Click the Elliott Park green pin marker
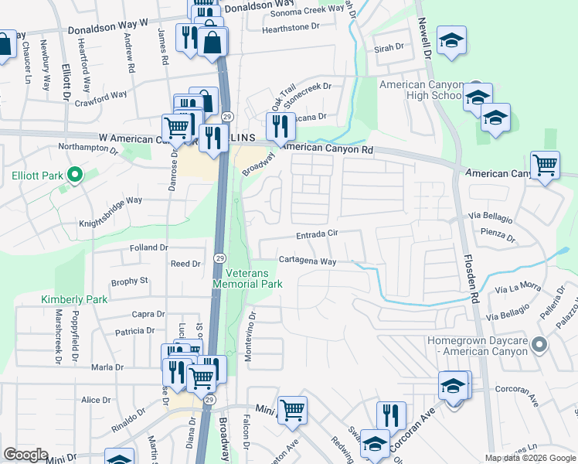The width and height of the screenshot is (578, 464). (75, 176)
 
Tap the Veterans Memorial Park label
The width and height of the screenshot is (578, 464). (253, 278)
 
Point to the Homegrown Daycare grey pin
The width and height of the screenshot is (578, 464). (539, 344)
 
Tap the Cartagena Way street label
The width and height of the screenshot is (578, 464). (307, 261)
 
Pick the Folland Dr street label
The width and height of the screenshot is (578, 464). (149, 247)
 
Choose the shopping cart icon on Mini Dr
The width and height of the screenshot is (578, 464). (292, 410)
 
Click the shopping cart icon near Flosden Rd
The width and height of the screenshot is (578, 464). (546, 165)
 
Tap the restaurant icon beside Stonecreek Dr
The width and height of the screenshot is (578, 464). (280, 125)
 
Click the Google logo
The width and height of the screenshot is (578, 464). (26, 455)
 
